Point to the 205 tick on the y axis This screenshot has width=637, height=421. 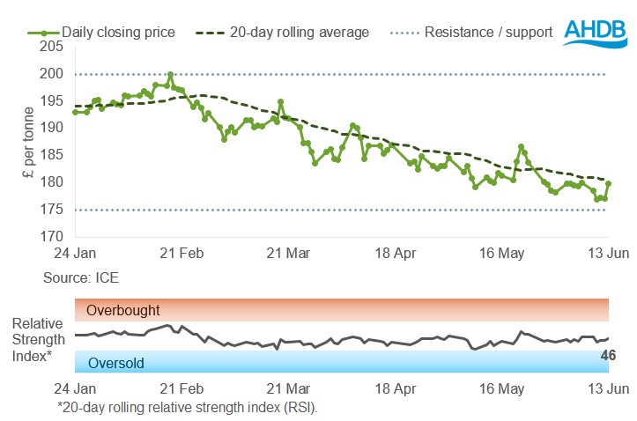click(x=52, y=47)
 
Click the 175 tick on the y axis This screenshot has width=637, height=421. click(x=52, y=210)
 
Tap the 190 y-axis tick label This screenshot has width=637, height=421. click(x=52, y=128)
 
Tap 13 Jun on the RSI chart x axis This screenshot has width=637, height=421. click(x=609, y=388)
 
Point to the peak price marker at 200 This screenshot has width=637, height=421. click(x=170, y=75)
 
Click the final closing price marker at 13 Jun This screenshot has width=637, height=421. click(x=609, y=183)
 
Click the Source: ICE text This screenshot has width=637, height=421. click(x=81, y=277)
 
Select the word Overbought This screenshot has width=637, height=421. click(x=118, y=310)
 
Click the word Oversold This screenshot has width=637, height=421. click(x=111, y=362)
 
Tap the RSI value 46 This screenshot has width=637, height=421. click(x=607, y=356)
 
